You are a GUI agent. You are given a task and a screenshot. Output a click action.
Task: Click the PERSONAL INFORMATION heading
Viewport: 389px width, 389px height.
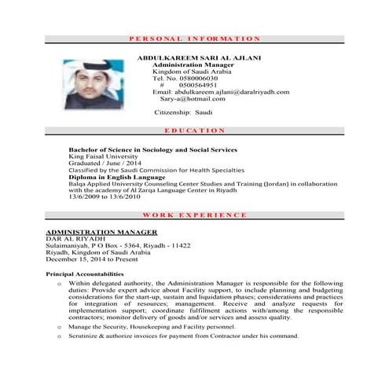pos(193,38)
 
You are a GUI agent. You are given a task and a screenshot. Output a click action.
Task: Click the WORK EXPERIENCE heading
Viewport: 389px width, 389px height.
pos(194,215)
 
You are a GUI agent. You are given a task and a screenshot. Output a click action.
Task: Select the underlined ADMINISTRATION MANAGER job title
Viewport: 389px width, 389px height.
pos(102,233)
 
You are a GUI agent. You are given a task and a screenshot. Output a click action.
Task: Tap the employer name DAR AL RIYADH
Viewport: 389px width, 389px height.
pos(70,239)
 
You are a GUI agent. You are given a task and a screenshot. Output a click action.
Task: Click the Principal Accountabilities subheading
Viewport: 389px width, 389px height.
pos(85,273)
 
